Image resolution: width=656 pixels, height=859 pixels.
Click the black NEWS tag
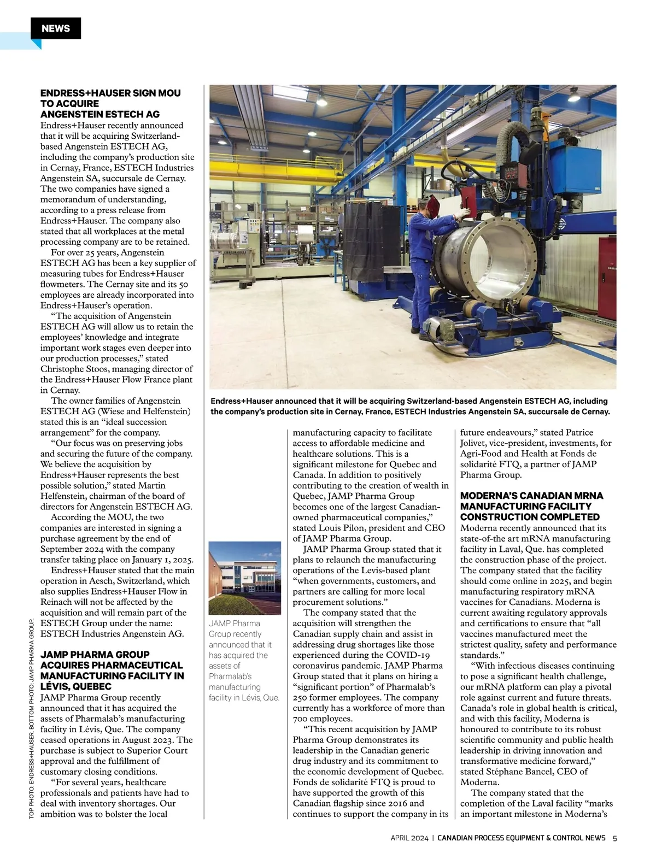[55, 28]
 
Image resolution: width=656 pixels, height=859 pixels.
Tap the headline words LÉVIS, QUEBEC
[76, 686]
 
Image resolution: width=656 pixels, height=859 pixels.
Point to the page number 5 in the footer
[614, 838]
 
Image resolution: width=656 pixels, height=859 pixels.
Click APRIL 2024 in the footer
[408, 838]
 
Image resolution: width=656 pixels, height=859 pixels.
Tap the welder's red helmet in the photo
[434, 207]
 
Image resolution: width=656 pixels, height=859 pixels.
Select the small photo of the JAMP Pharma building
[244, 578]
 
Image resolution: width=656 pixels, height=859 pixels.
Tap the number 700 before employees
[300, 719]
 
